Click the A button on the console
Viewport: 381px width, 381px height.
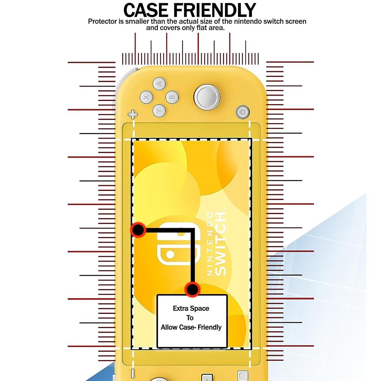(160, 83)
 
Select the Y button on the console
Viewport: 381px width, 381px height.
(159, 110)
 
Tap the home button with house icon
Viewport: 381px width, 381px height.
(242, 112)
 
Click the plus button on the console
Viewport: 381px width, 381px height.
(133, 114)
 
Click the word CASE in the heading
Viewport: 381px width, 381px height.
(154, 10)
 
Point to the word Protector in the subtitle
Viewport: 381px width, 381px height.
(103, 21)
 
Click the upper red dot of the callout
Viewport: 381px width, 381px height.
(138, 230)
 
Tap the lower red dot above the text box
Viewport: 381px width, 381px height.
(192, 289)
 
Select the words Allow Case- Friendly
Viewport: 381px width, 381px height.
(191, 327)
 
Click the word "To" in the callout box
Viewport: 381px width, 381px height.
(190, 318)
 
